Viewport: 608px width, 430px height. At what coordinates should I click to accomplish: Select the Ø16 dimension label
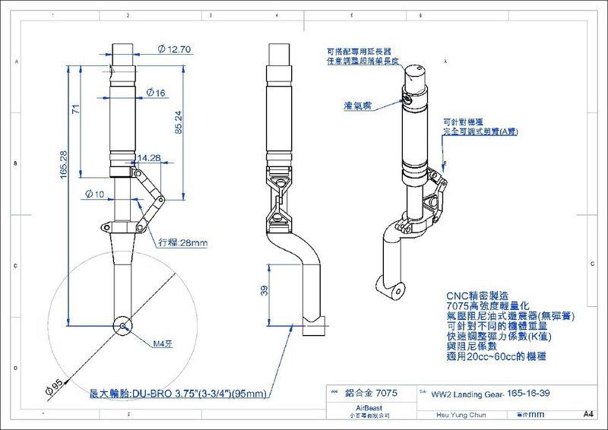pos(157,93)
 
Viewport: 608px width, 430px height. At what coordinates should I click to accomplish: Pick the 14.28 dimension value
pos(150,159)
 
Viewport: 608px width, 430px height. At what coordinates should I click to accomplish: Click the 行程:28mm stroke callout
pos(183,244)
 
